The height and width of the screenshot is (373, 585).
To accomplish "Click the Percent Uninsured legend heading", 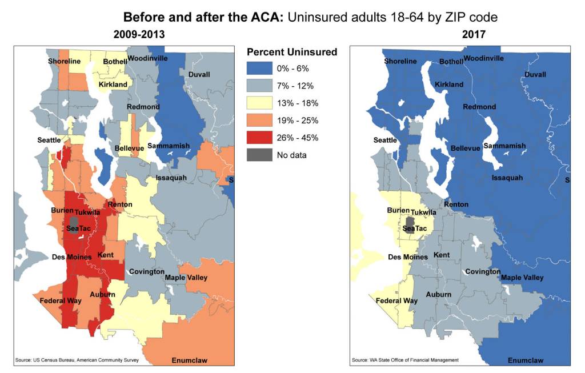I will point(292,52).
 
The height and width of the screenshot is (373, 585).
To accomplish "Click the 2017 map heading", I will point(474,35).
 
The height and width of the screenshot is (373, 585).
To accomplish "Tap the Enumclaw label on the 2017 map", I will point(525,360).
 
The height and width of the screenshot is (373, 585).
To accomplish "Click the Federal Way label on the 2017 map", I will point(396,300).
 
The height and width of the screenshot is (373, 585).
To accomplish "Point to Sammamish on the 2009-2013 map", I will point(169,146).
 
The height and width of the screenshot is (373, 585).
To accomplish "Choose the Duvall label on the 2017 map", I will point(535,75).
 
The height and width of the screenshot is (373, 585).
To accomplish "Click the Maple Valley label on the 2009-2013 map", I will point(186,278).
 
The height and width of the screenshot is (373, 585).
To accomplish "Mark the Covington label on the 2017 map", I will point(483,271).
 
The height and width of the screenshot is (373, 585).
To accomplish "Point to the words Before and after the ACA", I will point(203,17).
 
